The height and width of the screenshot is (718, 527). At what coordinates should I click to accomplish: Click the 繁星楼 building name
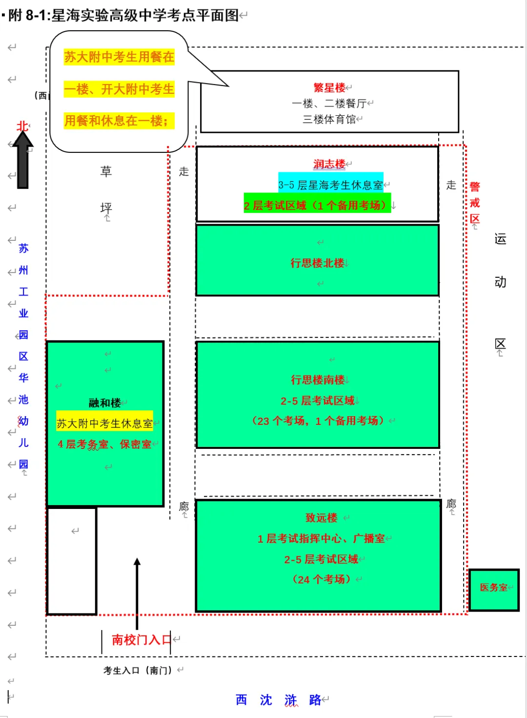(329, 87)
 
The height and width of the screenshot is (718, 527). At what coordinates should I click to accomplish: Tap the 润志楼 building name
(329, 164)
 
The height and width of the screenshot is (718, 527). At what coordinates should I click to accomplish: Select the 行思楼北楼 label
(317, 263)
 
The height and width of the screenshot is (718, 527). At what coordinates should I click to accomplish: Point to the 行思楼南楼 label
(318, 380)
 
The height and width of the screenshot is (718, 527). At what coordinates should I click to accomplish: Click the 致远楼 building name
(322, 518)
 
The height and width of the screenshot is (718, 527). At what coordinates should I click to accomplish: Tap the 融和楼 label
(105, 403)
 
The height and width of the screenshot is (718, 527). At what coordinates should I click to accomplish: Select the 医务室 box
(494, 590)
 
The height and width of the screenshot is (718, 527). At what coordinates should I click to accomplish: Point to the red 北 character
(22, 126)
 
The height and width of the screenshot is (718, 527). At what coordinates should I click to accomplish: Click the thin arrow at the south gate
(137, 593)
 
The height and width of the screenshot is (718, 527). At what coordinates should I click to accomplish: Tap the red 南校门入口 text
(142, 640)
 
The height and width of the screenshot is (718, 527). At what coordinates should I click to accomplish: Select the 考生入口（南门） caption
(138, 670)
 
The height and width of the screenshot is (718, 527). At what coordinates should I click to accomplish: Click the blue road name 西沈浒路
(278, 700)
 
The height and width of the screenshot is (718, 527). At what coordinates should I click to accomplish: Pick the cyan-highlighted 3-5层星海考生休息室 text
(330, 185)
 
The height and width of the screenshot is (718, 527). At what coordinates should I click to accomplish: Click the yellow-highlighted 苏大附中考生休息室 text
(104, 423)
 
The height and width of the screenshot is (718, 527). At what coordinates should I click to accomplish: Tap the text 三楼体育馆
(329, 119)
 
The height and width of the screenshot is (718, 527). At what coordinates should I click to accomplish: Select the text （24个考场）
(322, 579)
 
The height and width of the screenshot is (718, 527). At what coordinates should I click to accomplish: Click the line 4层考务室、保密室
(104, 444)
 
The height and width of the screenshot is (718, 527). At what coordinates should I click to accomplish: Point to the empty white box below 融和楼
(72, 561)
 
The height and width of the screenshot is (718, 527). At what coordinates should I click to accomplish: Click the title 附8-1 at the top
(27, 15)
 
